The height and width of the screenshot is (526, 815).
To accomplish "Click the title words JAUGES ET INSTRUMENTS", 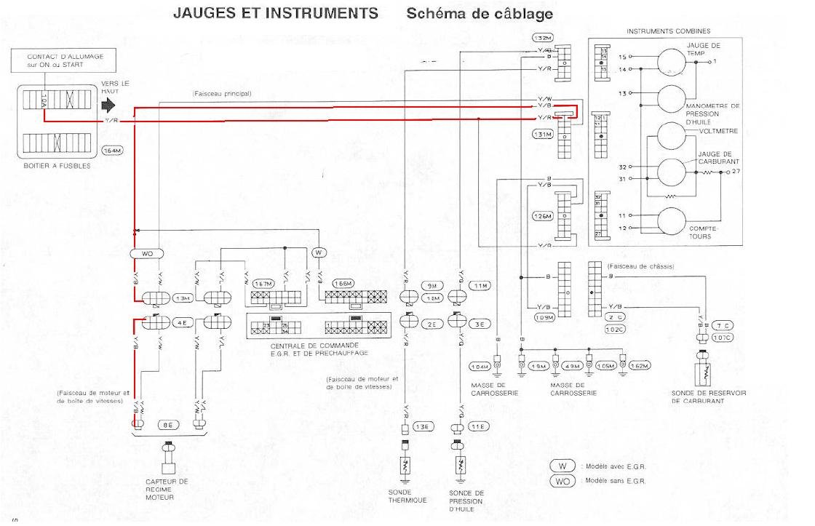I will (275, 13).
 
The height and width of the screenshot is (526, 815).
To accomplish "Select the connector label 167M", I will (268, 283).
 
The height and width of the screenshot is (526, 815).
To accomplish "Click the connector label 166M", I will (342, 283).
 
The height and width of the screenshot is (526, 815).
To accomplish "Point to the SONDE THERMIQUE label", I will (407, 496).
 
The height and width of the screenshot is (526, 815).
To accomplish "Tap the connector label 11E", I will (477, 426).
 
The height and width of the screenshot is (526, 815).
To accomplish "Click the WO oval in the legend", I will (562, 481).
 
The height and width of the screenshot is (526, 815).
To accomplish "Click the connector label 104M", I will (480, 366).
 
